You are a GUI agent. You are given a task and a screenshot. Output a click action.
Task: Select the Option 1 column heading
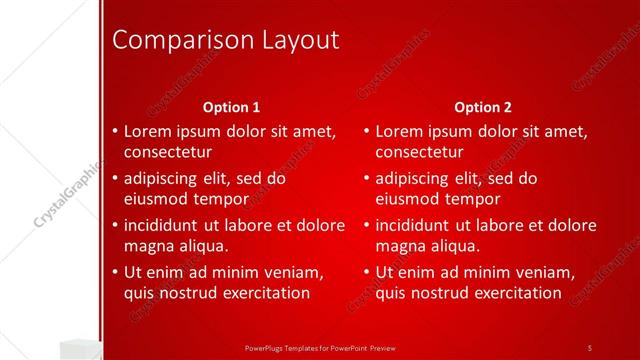pyautogui.click(x=231, y=107)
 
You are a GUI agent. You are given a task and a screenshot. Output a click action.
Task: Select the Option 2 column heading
pyautogui.click(x=482, y=107)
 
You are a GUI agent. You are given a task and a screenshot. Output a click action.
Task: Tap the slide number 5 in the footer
pyautogui.click(x=589, y=347)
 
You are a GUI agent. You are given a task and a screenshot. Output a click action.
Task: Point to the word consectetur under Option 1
pyautogui.click(x=167, y=153)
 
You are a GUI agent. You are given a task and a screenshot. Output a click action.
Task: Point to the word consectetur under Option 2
pyautogui.click(x=419, y=153)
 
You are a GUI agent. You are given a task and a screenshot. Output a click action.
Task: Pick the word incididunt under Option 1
pyautogui.click(x=165, y=224)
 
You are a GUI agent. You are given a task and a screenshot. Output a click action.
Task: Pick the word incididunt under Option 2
pyautogui.click(x=417, y=224)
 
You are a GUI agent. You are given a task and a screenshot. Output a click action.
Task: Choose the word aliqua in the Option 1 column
pyautogui.click(x=203, y=245)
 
